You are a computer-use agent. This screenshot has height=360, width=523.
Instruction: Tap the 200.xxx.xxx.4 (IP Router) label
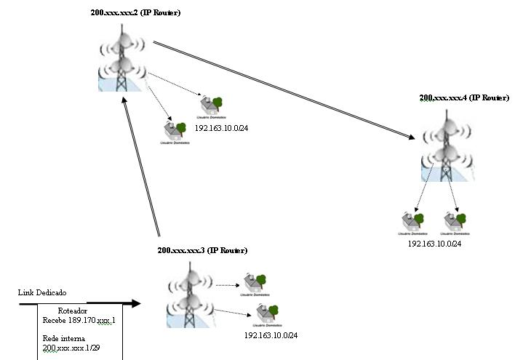[463, 97]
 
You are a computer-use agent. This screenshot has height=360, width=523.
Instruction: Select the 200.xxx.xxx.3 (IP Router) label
[202, 250]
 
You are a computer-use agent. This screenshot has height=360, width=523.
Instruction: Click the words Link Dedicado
[41, 292]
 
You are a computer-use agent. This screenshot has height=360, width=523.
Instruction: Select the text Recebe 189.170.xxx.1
[79, 320]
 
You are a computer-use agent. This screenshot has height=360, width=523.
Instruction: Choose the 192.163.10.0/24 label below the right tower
[434, 244]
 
